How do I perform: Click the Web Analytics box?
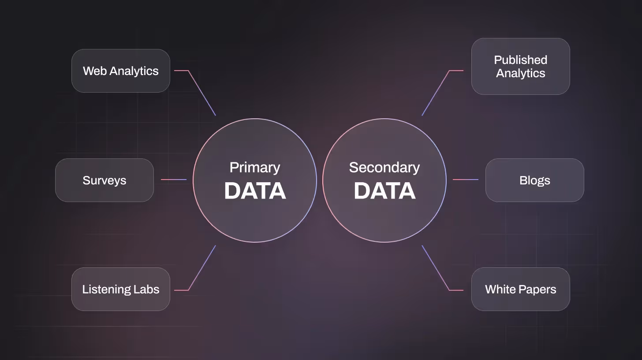pyautogui.click(x=120, y=71)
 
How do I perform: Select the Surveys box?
pyautogui.click(x=104, y=180)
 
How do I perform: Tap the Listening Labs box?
pyautogui.click(x=120, y=289)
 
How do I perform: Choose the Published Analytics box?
pyautogui.click(x=520, y=66)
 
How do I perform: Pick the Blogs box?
pyautogui.click(x=534, y=180)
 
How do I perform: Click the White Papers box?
pyautogui.click(x=520, y=289)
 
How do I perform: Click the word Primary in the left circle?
pyautogui.click(x=255, y=168)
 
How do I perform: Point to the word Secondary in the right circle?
pyautogui.click(x=384, y=168)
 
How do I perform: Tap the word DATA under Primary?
pyautogui.click(x=255, y=191)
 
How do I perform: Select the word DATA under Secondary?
pyautogui.click(x=384, y=191)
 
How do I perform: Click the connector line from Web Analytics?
pyautogui.click(x=202, y=92)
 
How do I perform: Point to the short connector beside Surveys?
pyautogui.click(x=174, y=180)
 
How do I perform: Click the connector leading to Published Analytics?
pyautogui.click(x=436, y=93)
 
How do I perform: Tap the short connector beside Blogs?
pyautogui.click(x=466, y=180)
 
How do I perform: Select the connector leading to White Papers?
pyautogui.click(x=436, y=268)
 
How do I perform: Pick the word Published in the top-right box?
pyautogui.click(x=520, y=60)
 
